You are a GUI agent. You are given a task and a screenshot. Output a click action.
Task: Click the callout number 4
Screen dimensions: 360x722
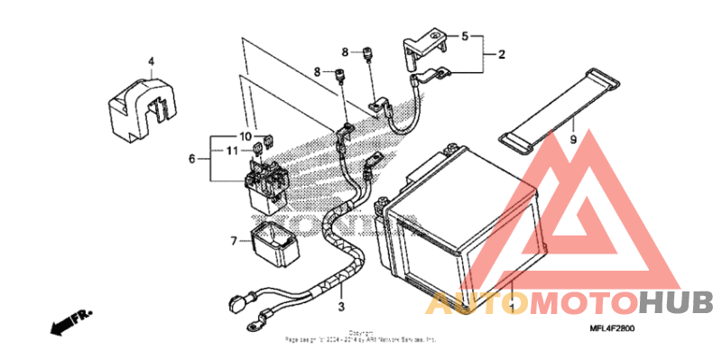[x=152, y=61]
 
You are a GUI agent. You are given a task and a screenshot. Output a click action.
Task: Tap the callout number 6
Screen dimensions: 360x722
[x=191, y=159]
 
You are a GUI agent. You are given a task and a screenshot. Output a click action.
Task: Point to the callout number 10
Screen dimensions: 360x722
[x=245, y=136]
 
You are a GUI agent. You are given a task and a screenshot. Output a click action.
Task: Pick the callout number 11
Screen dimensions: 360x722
[x=231, y=150]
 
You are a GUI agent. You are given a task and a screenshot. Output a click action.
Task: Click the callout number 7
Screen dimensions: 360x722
[x=234, y=241]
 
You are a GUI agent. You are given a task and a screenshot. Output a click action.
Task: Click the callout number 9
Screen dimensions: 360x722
[x=571, y=141]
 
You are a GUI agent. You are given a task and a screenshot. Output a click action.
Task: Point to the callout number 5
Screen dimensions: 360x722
[x=465, y=37]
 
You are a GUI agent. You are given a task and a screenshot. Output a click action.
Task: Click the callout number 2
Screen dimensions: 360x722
[x=501, y=54]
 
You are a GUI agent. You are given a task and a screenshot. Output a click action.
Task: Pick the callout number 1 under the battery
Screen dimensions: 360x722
[x=512, y=308]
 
